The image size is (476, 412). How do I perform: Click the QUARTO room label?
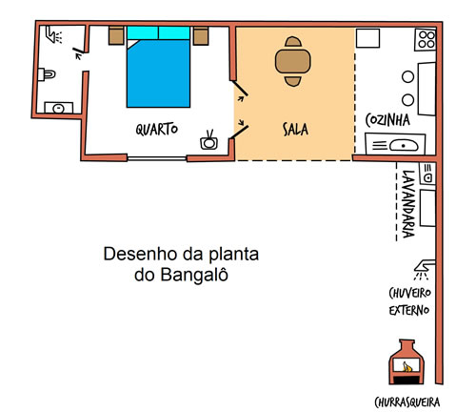click(157, 129)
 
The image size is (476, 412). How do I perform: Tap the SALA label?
click(295, 129)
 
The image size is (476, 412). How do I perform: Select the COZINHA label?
click(387, 120)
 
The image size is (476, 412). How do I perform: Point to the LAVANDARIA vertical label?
click(408, 204)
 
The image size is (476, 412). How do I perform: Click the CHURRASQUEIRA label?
click(407, 402)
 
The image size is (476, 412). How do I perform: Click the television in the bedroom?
click(208, 140)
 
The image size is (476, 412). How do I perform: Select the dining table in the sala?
click(293, 61)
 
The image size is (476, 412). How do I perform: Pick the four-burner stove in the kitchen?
click(426, 40)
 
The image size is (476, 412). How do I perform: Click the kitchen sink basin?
click(404, 146)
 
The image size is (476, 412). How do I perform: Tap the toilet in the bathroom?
click(47, 74)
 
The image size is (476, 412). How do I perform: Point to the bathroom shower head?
click(53, 35)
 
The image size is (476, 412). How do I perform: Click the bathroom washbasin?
click(59, 108)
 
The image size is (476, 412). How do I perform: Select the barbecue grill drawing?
click(407, 362)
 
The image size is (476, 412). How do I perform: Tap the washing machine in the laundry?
click(427, 174)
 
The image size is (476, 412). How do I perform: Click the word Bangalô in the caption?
click(194, 275)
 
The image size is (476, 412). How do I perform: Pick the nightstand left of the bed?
click(116, 35)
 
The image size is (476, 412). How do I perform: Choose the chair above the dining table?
click(293, 42)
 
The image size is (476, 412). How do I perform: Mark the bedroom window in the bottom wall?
click(157, 158)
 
